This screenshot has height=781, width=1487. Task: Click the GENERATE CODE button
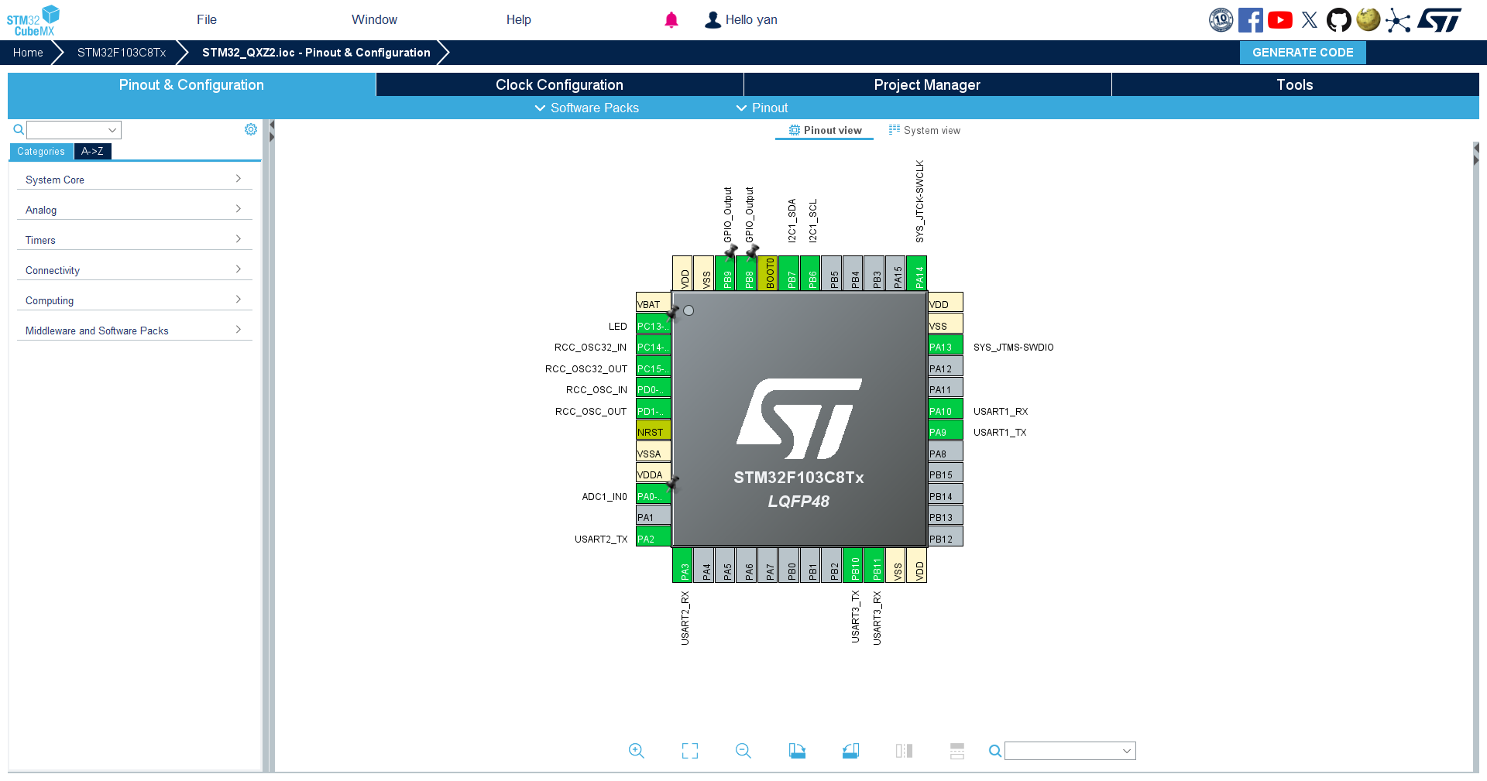[1303, 53]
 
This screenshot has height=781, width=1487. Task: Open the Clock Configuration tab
[559, 84]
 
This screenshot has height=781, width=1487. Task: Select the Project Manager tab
[927, 84]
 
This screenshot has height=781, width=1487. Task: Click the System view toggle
[925, 130]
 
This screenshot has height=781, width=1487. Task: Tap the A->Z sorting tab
[92, 151]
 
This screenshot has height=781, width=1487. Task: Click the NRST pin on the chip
[653, 431]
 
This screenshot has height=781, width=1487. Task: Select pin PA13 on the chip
[946, 346]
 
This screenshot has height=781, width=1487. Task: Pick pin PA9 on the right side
[946, 431]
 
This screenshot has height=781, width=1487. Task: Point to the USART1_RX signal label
[1001, 411]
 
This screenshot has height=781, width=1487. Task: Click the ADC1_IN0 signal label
[604, 496]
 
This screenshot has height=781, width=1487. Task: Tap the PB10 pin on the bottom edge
[853, 565]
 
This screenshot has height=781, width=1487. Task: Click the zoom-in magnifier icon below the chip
[637, 751]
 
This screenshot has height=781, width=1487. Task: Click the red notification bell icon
[671, 20]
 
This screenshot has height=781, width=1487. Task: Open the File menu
[207, 19]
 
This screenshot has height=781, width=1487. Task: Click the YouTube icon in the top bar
[1279, 20]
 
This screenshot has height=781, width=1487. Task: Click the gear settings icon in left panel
[251, 129]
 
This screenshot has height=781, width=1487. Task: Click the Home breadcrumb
[28, 53]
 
